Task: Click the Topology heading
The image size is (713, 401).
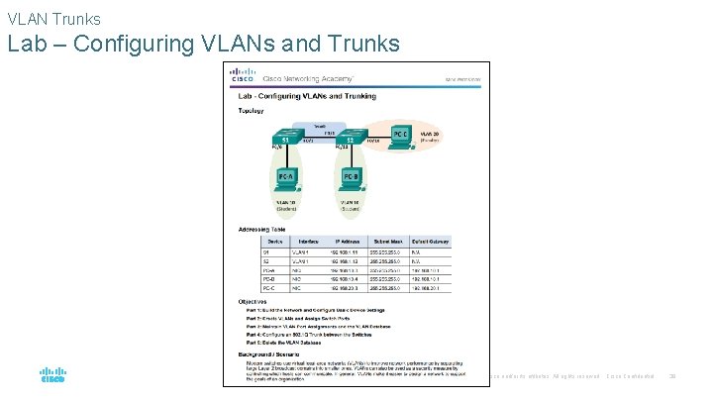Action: (251, 113)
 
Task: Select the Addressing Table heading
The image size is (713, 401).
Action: (262, 230)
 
